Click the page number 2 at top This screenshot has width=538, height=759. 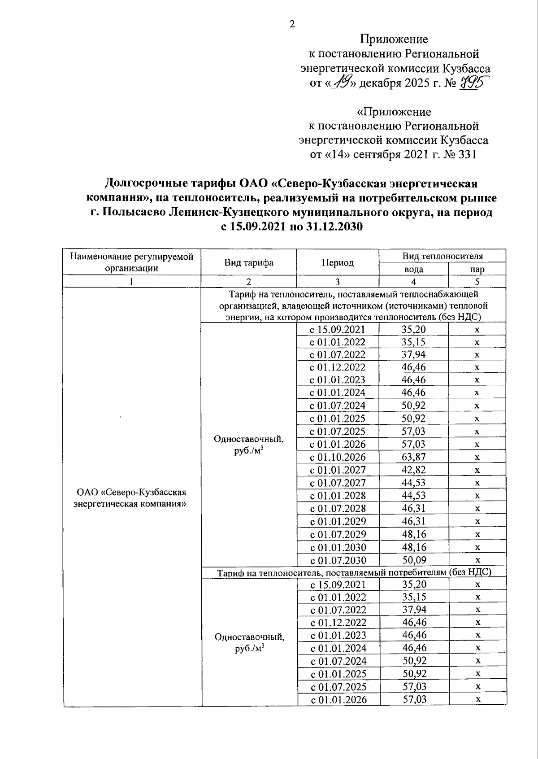[x=292, y=24]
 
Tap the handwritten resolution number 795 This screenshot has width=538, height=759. [x=476, y=83]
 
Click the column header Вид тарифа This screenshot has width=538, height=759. [x=249, y=262]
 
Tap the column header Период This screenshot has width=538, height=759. [x=337, y=262]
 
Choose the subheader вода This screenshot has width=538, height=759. [x=413, y=269]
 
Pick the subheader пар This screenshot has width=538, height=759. [x=477, y=269]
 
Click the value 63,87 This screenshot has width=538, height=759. [x=414, y=457]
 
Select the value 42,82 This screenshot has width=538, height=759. [x=414, y=470]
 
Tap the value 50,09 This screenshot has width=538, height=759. [x=414, y=560]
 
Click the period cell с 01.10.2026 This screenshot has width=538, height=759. [x=338, y=457]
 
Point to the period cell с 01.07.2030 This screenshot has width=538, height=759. [x=338, y=560]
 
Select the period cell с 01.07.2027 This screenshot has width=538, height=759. [x=338, y=483]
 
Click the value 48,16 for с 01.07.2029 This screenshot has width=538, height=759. [x=414, y=534]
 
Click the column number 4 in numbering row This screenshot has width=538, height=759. [x=413, y=282]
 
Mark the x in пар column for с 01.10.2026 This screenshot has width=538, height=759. [x=477, y=457]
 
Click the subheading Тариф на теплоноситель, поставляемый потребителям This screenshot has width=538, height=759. [x=354, y=573]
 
